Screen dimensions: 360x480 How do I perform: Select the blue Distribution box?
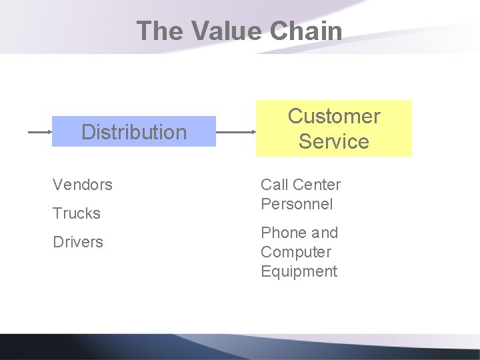tap(134, 132)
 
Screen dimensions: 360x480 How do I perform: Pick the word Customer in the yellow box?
tap(334, 116)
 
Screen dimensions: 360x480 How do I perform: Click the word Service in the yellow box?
tap(334, 141)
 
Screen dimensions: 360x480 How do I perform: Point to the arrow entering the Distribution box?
tap(39, 132)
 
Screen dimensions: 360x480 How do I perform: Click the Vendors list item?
tap(83, 185)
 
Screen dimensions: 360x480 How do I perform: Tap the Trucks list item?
tap(77, 213)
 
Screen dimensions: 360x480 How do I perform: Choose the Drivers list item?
tap(78, 242)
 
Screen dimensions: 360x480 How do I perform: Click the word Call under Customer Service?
tap(274, 185)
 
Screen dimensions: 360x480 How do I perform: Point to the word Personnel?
tap(297, 204)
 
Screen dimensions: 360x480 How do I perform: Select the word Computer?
tap(296, 252)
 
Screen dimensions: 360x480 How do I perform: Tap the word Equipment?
tap(299, 271)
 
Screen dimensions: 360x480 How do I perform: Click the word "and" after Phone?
tap(325, 233)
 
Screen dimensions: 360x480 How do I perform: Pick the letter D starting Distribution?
tap(87, 132)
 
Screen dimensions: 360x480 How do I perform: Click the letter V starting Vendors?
tap(57, 185)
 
